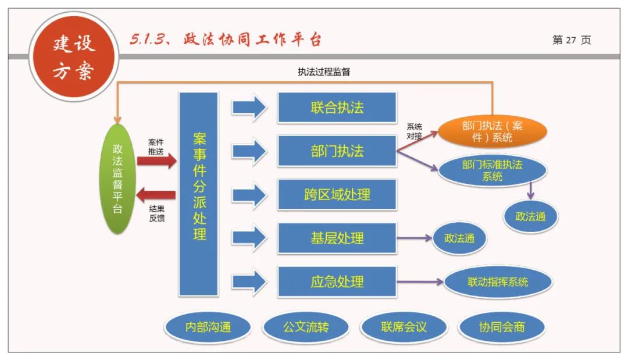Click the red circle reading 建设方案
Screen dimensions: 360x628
(74, 57)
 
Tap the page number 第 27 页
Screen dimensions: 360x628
(571, 40)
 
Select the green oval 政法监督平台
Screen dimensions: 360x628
(118, 179)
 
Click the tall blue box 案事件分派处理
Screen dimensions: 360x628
(199, 194)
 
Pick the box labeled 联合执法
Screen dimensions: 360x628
(337, 108)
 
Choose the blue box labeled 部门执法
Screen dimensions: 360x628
(337, 151)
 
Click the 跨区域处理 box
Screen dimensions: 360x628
(337, 195)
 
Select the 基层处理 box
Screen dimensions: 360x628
(337, 238)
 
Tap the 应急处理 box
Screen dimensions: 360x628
(337, 282)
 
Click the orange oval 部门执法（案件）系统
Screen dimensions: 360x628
(492, 132)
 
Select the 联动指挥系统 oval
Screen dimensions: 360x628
(498, 282)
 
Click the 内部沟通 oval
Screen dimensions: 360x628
(208, 327)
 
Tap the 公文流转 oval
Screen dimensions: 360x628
(306, 327)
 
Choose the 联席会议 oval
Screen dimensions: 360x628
(404, 327)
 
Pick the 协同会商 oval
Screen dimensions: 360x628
(501, 327)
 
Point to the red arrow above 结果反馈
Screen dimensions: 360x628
(155, 195)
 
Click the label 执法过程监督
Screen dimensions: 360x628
(324, 72)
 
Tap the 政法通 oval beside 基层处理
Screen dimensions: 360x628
(459, 238)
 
